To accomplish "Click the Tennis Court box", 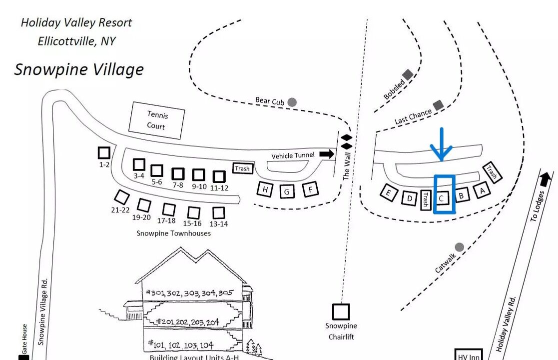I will (157, 120).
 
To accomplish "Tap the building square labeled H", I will (265, 189).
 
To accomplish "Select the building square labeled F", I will (311, 189).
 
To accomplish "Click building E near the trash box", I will (388, 192).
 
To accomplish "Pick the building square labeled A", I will (482, 190).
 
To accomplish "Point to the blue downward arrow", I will (442, 145).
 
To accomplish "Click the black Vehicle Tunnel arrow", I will (327, 154).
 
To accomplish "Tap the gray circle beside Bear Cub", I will (292, 102).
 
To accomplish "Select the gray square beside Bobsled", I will (408, 75).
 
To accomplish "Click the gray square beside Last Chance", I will (438, 105).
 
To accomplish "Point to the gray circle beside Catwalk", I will (459, 247).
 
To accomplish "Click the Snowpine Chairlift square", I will (341, 312).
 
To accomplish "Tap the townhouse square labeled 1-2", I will (104, 152).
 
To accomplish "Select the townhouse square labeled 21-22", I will (121, 197).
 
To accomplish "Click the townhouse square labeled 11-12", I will (219, 176).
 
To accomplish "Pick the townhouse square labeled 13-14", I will (218, 212).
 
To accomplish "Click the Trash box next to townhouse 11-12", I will (242, 168).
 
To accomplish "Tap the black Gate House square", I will (23, 357).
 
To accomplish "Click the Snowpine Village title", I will (79, 69).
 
